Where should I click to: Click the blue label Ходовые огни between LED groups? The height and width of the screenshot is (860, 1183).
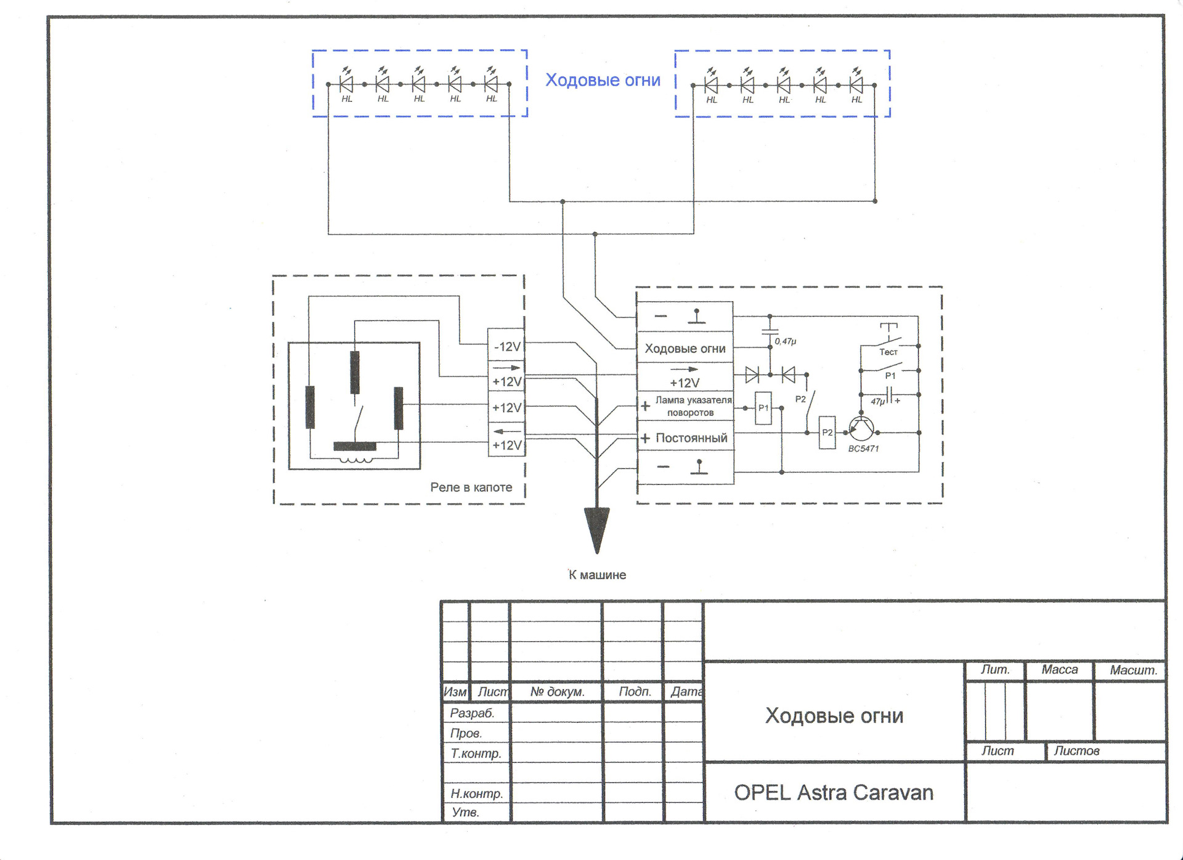603,80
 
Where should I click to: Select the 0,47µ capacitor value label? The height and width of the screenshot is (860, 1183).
786,341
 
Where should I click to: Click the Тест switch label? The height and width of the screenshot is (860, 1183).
888,352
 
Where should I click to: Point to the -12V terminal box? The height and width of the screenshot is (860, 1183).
506,347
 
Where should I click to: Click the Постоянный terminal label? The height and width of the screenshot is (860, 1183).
691,438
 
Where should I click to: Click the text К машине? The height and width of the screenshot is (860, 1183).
596,575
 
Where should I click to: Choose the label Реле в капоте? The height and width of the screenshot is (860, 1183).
471,487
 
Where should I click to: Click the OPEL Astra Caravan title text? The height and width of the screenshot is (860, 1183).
834,792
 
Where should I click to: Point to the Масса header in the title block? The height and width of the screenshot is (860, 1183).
1059,670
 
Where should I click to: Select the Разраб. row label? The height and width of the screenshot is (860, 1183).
472,713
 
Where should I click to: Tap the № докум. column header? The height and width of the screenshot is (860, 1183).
557,692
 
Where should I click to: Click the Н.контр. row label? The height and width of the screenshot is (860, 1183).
476,793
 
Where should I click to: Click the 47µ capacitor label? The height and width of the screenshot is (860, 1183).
878,402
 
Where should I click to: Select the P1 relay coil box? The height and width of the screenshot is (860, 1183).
763,408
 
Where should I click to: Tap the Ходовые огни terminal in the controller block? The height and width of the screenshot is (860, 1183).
685,349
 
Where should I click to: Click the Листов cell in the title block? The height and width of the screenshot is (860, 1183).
1076,751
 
